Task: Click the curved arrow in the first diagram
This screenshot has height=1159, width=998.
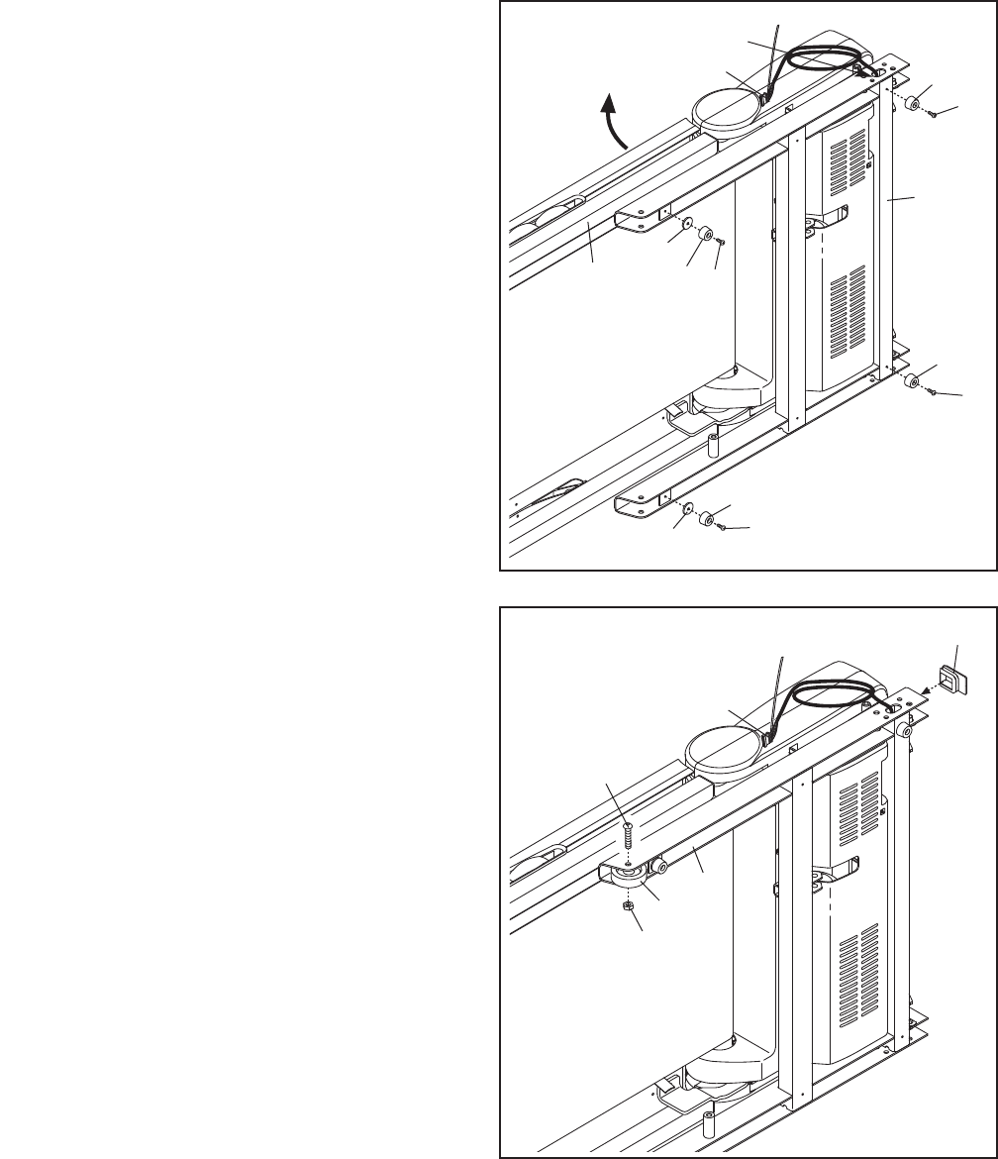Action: pyautogui.click(x=615, y=127)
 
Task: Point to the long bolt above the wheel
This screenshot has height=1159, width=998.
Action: pyautogui.click(x=627, y=836)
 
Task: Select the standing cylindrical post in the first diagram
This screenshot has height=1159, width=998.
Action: pyautogui.click(x=711, y=441)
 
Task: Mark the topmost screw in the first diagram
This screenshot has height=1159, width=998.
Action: pyautogui.click(x=933, y=115)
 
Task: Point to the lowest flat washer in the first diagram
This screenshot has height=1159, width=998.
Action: pyautogui.click(x=688, y=508)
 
